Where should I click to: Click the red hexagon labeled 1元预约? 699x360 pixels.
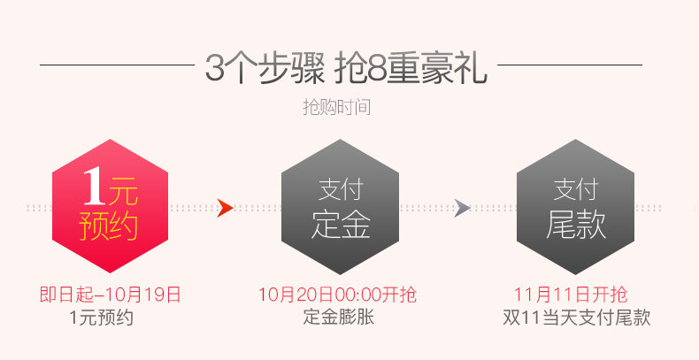pyautogui.click(x=110, y=207)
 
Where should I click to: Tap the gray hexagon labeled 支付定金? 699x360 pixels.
pyautogui.click(x=340, y=207)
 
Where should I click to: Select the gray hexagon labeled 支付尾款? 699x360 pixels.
pyautogui.click(x=575, y=207)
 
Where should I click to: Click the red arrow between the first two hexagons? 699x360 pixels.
pyautogui.click(x=225, y=209)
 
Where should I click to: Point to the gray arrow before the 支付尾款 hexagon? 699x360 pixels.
pyautogui.click(x=461, y=209)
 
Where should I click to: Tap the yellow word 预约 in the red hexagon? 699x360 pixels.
pyautogui.click(x=109, y=226)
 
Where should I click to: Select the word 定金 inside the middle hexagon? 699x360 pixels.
pyautogui.click(x=340, y=225)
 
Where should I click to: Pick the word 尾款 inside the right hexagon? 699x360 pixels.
pyautogui.click(x=575, y=225)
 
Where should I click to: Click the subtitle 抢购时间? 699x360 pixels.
pyautogui.click(x=336, y=108)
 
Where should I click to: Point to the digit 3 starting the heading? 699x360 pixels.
pyautogui.click(x=214, y=68)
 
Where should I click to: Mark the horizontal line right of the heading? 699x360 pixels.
pyautogui.click(x=570, y=65)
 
